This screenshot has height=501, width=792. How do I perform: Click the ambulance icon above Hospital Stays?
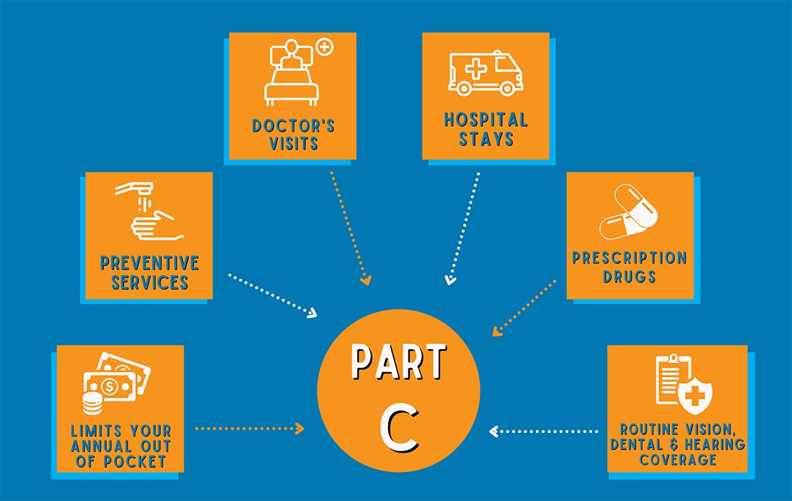(485, 73)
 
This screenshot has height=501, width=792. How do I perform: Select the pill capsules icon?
(628, 212)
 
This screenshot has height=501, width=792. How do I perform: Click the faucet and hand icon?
(147, 210)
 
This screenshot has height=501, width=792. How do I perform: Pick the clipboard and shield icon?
(679, 383)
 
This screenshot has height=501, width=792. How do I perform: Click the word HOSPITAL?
(486, 120)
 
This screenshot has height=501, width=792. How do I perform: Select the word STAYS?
(486, 139)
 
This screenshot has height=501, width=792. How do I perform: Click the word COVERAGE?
(678, 459)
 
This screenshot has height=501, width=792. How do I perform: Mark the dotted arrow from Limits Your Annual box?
(249, 428)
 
